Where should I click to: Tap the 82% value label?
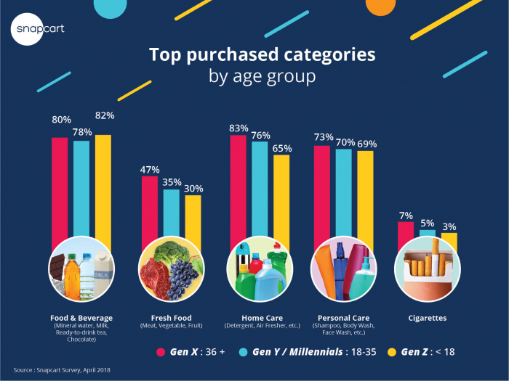104,115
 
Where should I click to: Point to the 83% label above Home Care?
238,128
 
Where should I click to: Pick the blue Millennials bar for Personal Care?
343,196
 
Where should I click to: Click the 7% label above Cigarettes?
406,216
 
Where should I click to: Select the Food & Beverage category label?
81,318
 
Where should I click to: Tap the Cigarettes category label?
428,318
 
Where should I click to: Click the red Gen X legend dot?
161,352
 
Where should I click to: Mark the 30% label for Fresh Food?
193,188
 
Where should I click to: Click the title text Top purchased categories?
253,55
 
